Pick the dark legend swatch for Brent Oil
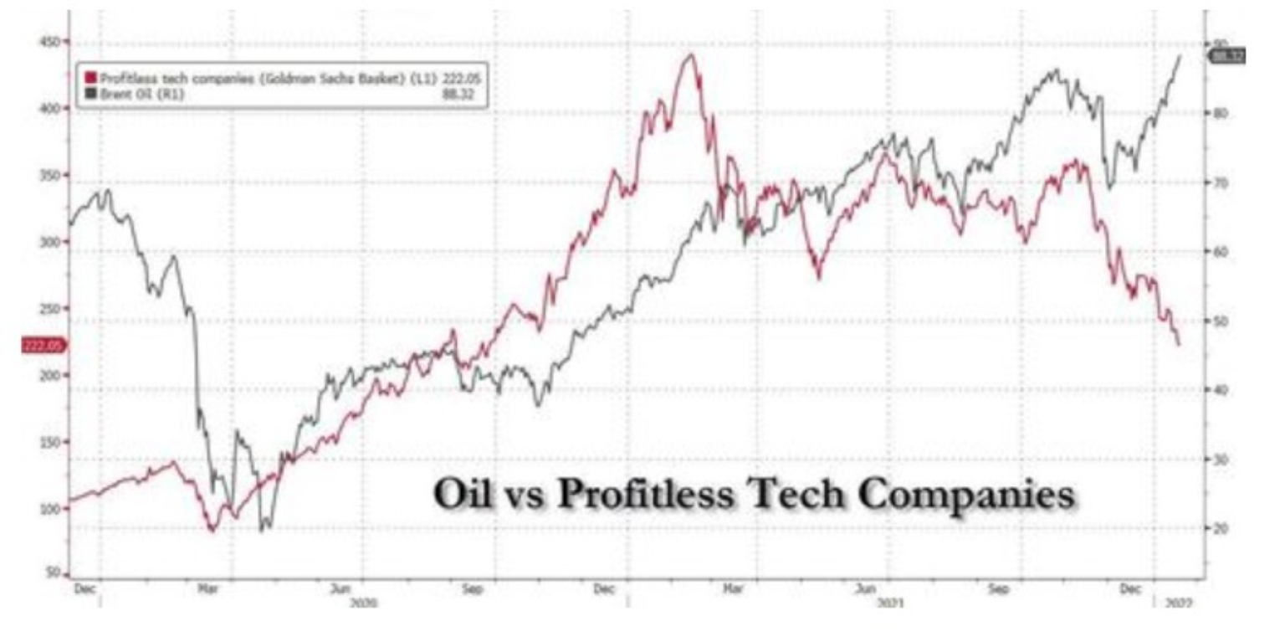90,94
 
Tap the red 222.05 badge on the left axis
42,346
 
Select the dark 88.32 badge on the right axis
1227,56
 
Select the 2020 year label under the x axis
363,603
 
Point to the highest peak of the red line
690,55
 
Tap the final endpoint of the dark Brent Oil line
1180,56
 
